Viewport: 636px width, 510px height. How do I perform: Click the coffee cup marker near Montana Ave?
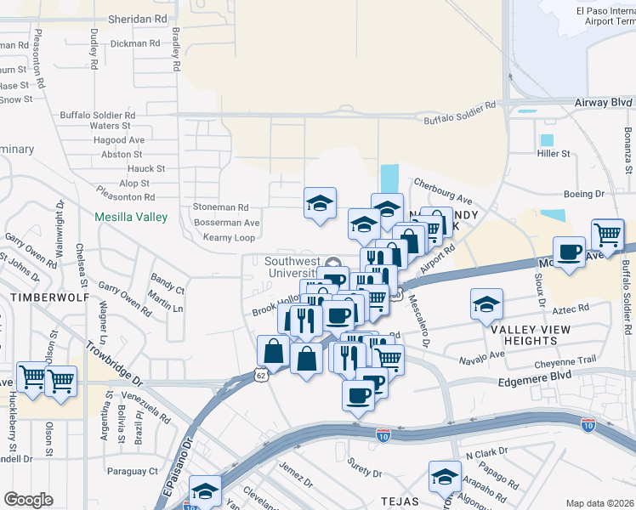coord(569,251)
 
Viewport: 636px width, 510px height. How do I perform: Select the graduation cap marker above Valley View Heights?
coord(487,303)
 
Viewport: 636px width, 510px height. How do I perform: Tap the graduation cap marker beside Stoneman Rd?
coord(320,203)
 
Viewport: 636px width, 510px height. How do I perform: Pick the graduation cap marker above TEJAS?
coord(444,478)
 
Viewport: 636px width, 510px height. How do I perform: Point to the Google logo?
coord(29,499)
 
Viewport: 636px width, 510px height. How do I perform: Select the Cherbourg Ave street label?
coord(440,185)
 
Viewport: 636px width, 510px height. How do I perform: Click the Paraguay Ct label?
coord(130,470)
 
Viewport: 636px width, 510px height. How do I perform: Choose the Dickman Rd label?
coord(135,42)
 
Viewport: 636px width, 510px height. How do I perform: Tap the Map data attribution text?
coord(600,503)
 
